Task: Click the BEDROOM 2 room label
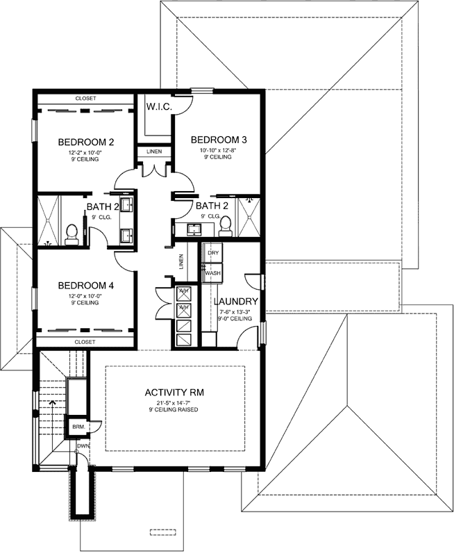(x=85, y=142)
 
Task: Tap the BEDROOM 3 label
(x=219, y=138)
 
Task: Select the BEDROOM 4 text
(x=85, y=285)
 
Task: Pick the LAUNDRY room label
(x=236, y=301)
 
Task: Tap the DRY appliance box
(x=213, y=254)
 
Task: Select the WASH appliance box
(x=212, y=274)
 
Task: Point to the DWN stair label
(x=83, y=445)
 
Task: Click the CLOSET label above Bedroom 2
(x=85, y=99)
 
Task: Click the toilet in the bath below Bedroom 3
(x=226, y=222)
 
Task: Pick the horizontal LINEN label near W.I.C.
(x=154, y=152)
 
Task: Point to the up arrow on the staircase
(x=51, y=402)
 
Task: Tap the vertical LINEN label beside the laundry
(x=180, y=261)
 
